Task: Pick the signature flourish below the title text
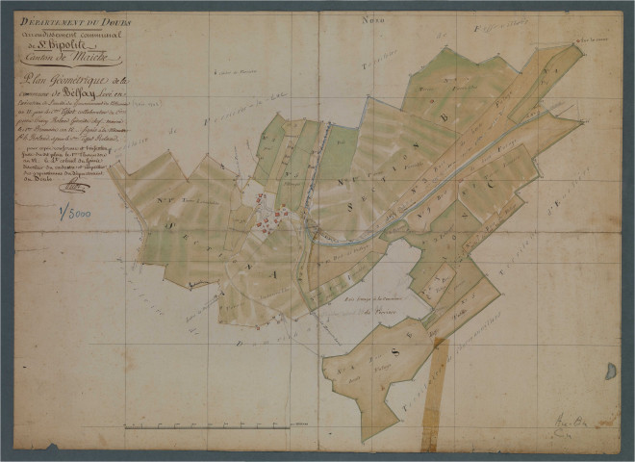77,188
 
